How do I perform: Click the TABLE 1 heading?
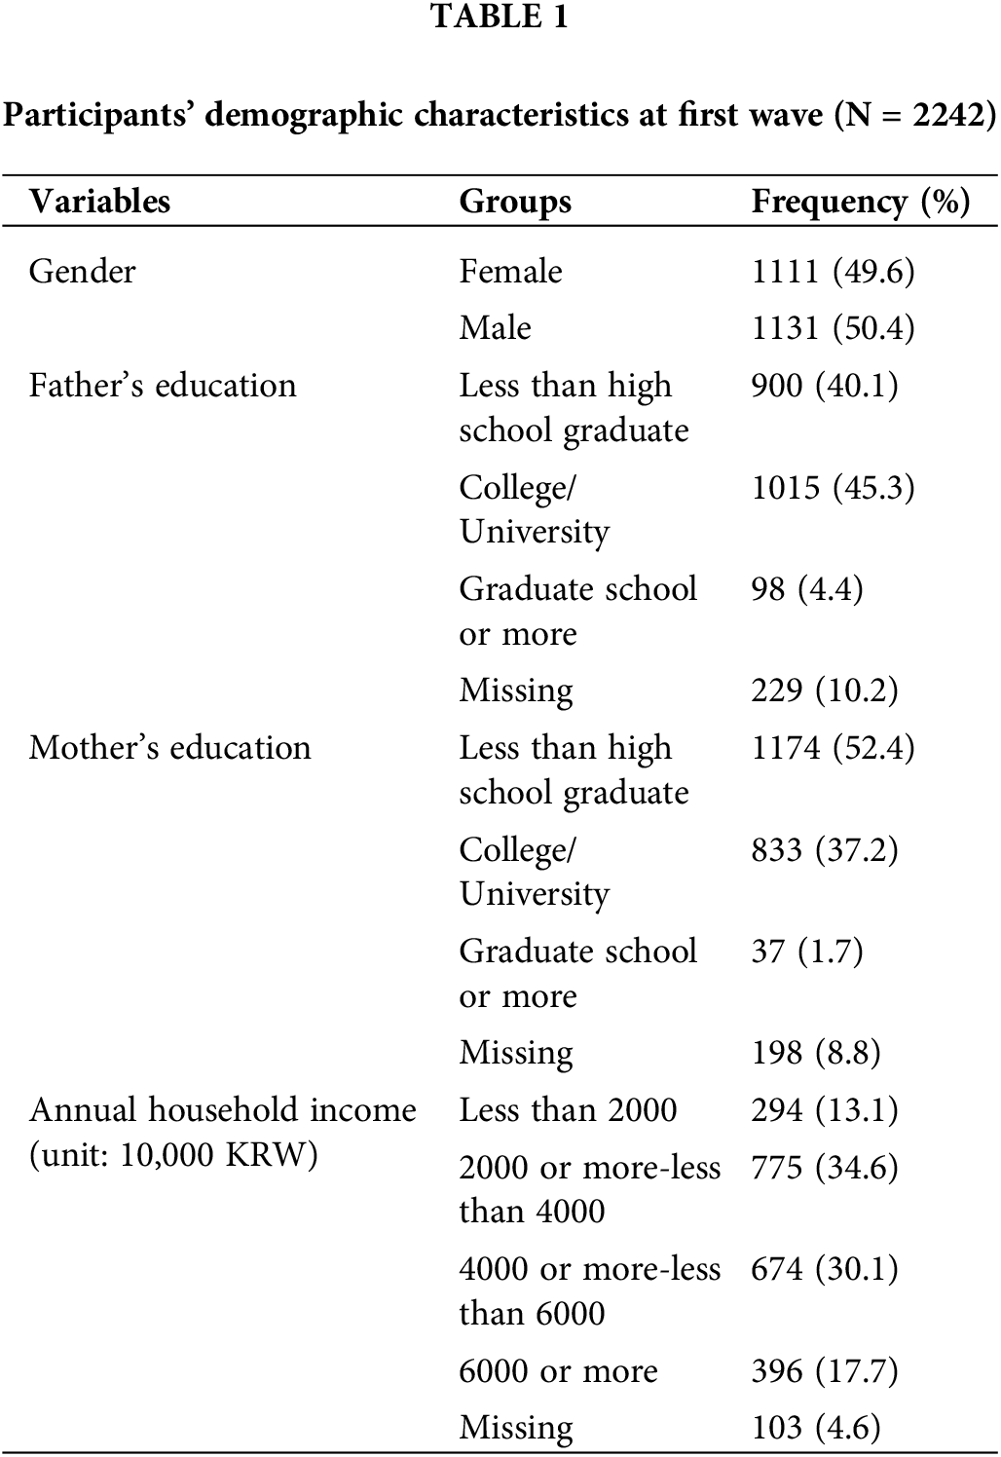click(500, 18)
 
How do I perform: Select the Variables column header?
click(99, 202)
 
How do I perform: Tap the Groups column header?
click(515, 202)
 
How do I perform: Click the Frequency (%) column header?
click(861, 202)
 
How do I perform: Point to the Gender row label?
click(82, 271)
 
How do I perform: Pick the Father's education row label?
click(163, 386)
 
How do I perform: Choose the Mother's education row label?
click(170, 748)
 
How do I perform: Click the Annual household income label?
click(223, 1110)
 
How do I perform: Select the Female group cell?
click(510, 271)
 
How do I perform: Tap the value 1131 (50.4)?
click(833, 328)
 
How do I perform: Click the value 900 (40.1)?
click(825, 386)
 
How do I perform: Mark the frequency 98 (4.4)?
click(807, 589)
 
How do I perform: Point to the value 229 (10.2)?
click(825, 691)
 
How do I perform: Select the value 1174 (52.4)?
click(833, 748)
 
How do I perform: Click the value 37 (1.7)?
click(807, 952)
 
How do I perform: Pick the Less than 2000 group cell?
click(568, 1110)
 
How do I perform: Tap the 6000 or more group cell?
click(558, 1371)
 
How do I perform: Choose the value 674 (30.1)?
click(825, 1269)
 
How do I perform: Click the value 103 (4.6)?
click(816, 1429)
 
